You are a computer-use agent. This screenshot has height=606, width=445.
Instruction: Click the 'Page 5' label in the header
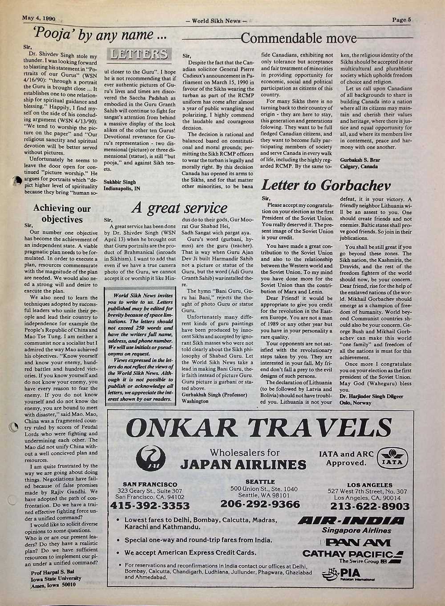pos(402,19)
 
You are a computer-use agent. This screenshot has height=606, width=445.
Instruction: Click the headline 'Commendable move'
pos(299,38)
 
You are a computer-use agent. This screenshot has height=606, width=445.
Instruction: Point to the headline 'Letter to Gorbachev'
pos(326,185)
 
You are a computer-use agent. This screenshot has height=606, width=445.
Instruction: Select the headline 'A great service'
pos(179,208)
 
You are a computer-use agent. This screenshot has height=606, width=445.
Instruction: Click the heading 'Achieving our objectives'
pos(62,214)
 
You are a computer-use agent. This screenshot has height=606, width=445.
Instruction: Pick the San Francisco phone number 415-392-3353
pos(150,506)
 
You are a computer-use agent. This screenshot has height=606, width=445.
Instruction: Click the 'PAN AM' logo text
pos(358,542)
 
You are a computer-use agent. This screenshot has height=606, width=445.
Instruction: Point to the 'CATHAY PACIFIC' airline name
pos(348,554)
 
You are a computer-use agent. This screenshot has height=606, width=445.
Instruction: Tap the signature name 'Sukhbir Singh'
pos(119,182)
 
